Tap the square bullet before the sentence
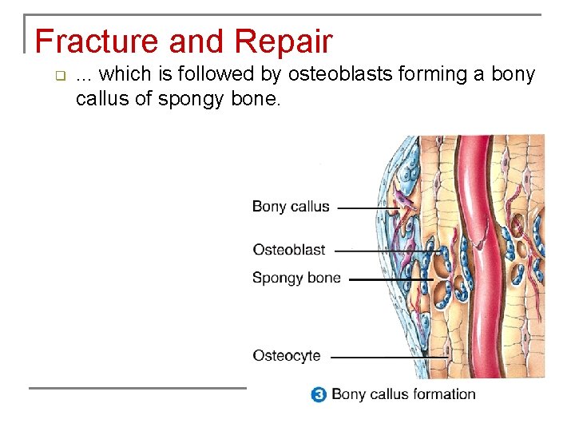[58, 77]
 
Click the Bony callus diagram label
[291, 207]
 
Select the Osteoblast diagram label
[288, 250]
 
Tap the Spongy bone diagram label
[296, 279]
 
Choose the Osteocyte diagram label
[286, 356]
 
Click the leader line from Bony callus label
[367, 208]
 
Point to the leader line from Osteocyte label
[375, 358]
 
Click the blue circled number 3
[319, 394]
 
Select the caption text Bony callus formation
[403, 394]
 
